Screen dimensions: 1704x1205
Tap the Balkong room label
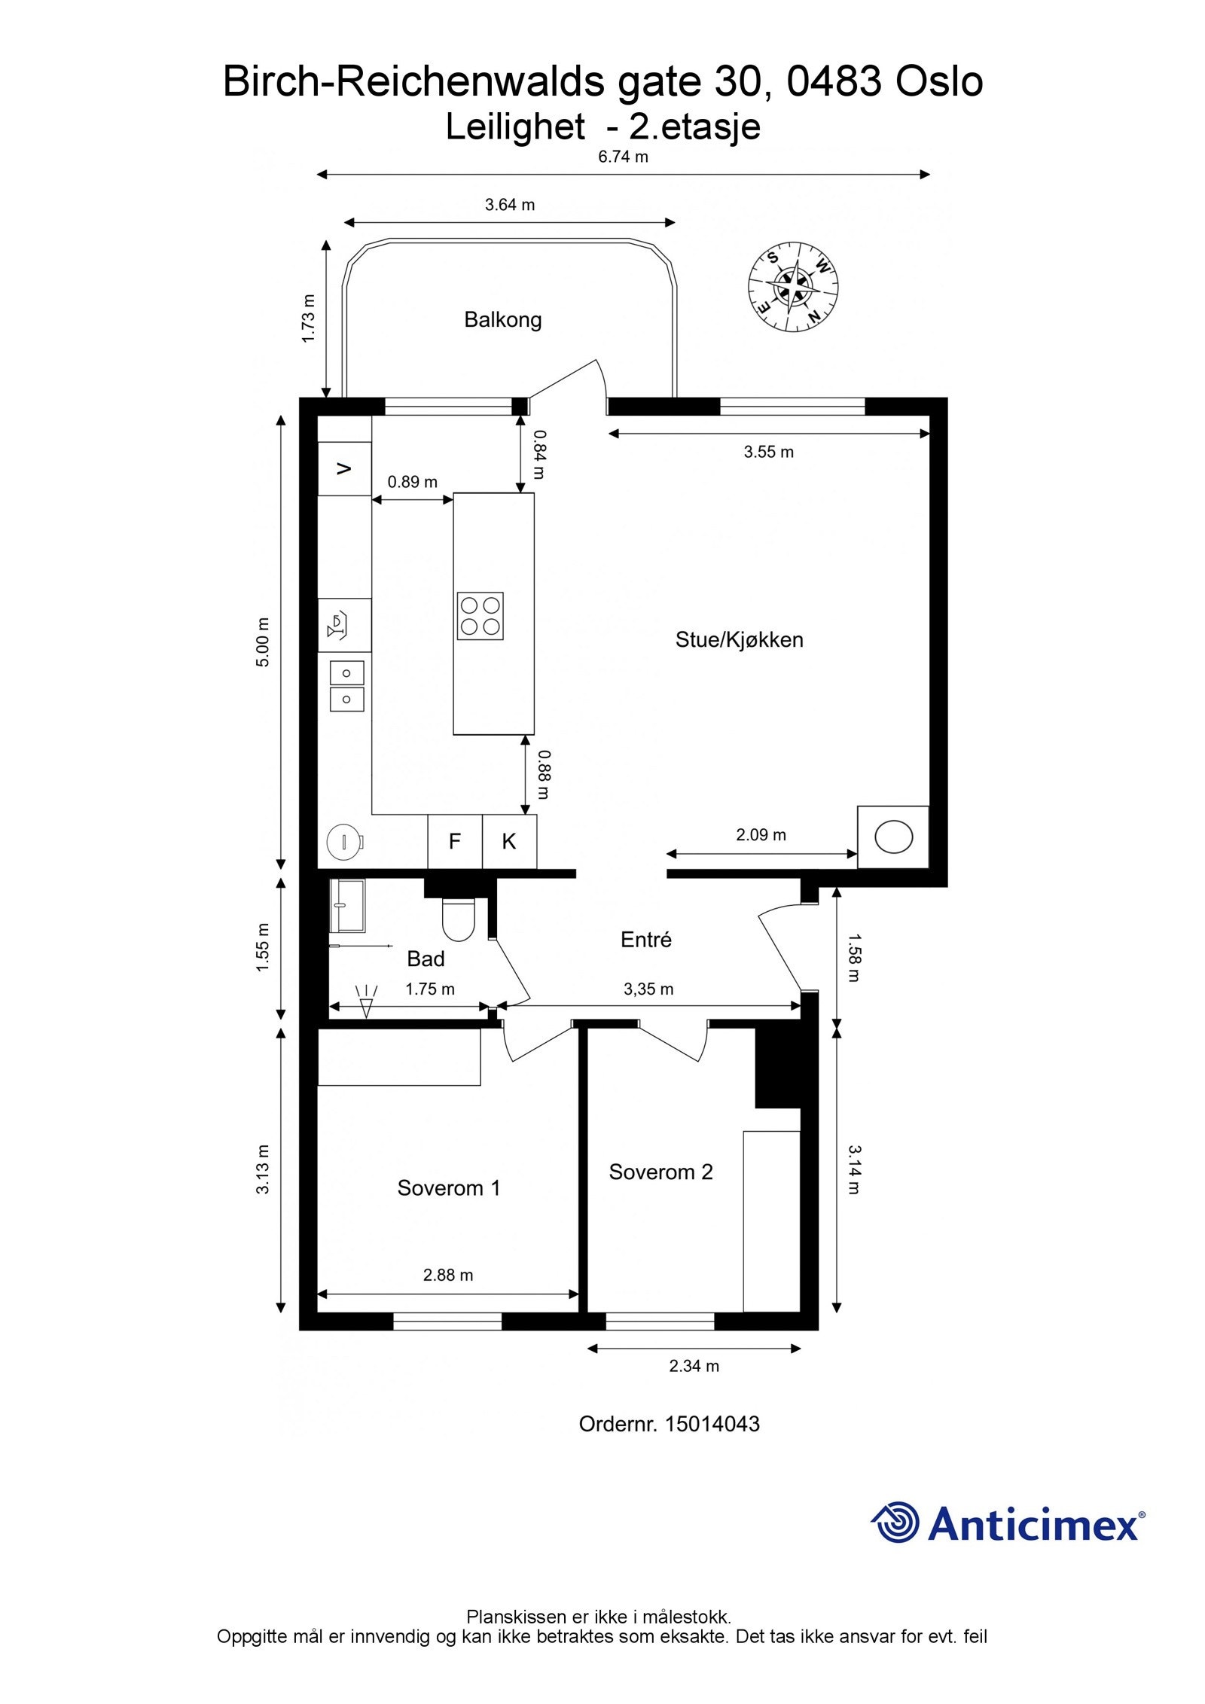[502, 320]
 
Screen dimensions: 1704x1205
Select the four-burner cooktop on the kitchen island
[480, 616]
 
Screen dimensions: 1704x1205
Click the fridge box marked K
[509, 841]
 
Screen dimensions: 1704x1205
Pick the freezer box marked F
[455, 841]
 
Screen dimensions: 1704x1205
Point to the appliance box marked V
[345, 469]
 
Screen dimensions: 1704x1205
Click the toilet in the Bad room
[457, 920]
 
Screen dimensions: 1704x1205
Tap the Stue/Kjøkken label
[739, 640]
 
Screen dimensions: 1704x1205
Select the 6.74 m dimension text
[622, 157]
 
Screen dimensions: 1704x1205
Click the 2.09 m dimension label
[761, 834]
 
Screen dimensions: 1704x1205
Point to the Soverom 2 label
[660, 1172]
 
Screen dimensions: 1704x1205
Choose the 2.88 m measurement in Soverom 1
[448, 1275]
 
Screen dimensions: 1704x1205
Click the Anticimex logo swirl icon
[896, 1523]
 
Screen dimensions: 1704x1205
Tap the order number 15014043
[712, 1424]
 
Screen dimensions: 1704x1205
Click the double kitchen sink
[346, 685]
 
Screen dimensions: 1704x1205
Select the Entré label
[645, 939]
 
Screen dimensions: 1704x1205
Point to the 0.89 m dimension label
[412, 482]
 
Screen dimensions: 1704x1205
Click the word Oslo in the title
[938, 81]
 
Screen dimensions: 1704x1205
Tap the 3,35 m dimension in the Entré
[648, 989]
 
